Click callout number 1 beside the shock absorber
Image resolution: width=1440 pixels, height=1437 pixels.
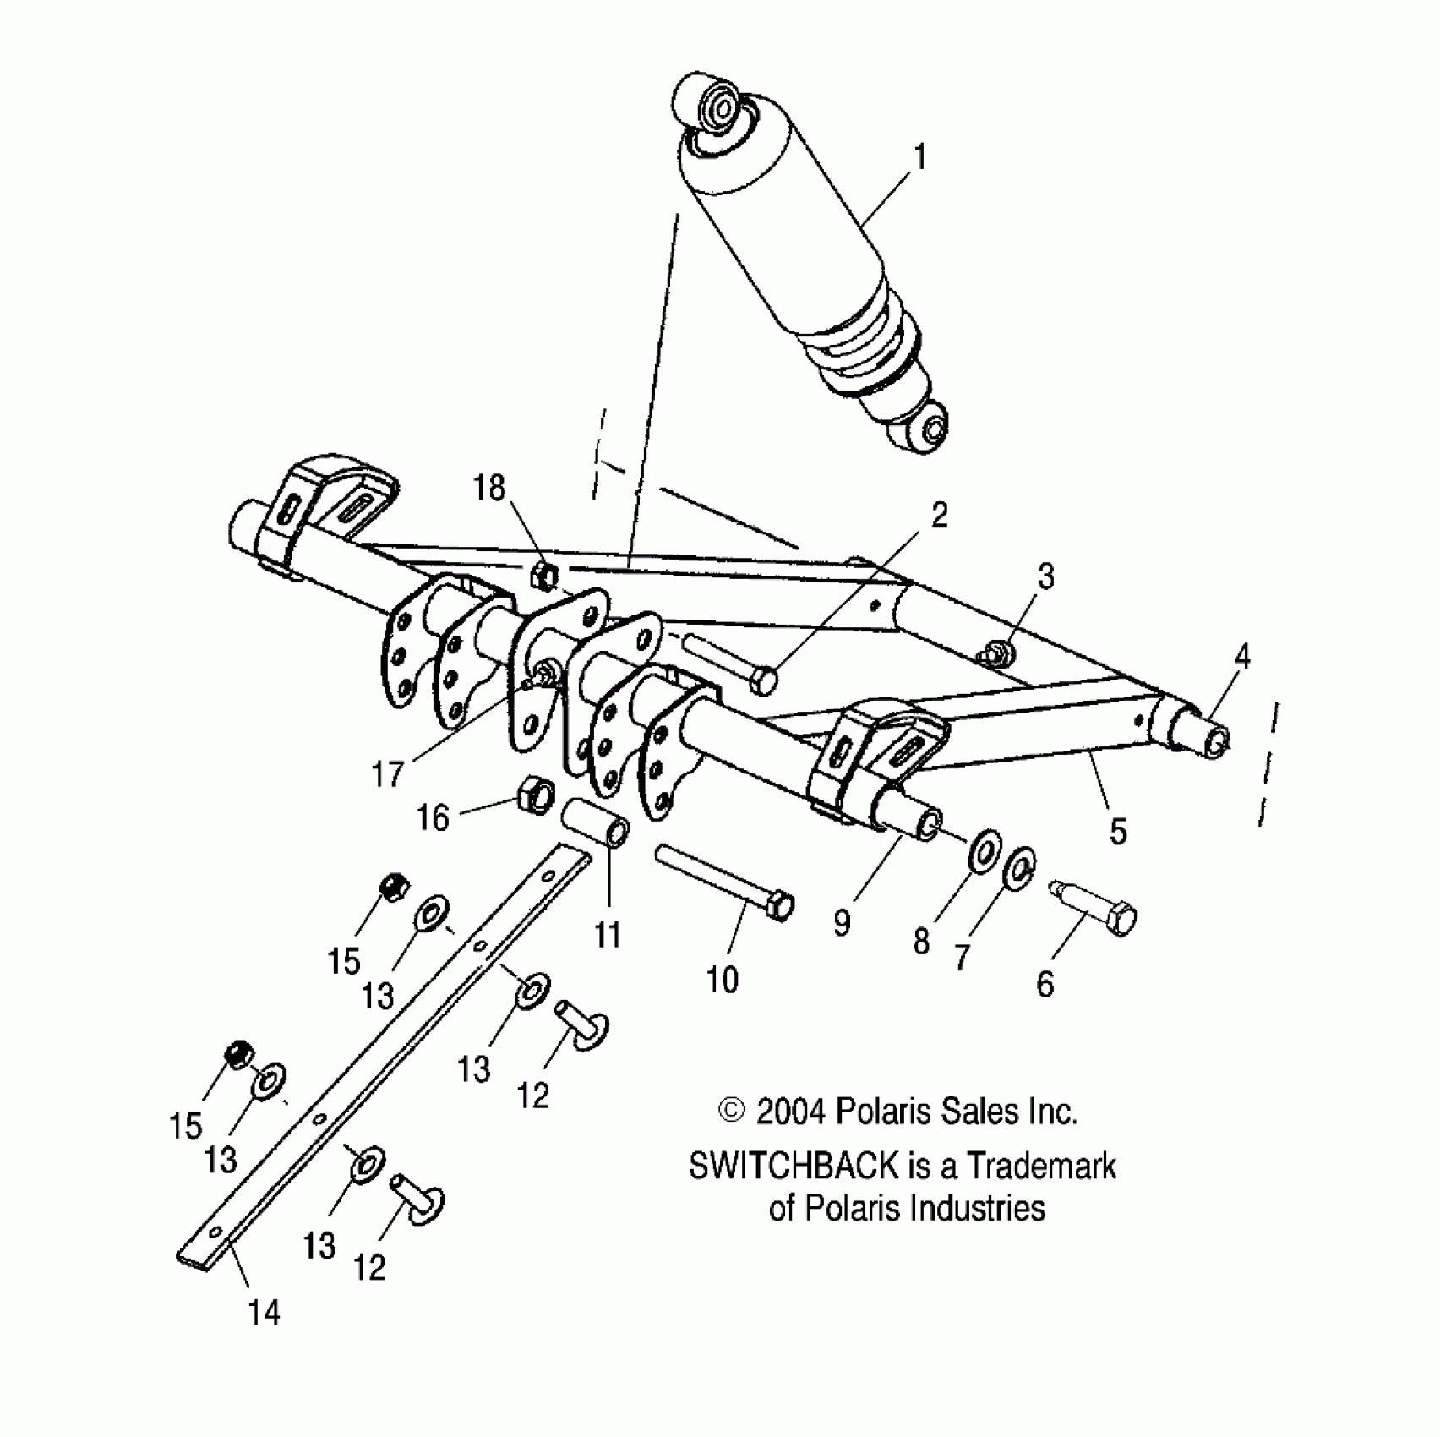tap(919, 157)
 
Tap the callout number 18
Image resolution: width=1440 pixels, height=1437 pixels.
tap(489, 488)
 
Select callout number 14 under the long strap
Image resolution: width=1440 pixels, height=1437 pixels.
tap(264, 1313)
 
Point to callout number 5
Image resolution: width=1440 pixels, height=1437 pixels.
tap(1117, 831)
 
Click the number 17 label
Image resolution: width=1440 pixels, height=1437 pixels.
tap(388, 773)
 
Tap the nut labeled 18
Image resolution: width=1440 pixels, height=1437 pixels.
tap(544, 576)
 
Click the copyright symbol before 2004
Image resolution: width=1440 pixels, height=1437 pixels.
tap(731, 1111)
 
